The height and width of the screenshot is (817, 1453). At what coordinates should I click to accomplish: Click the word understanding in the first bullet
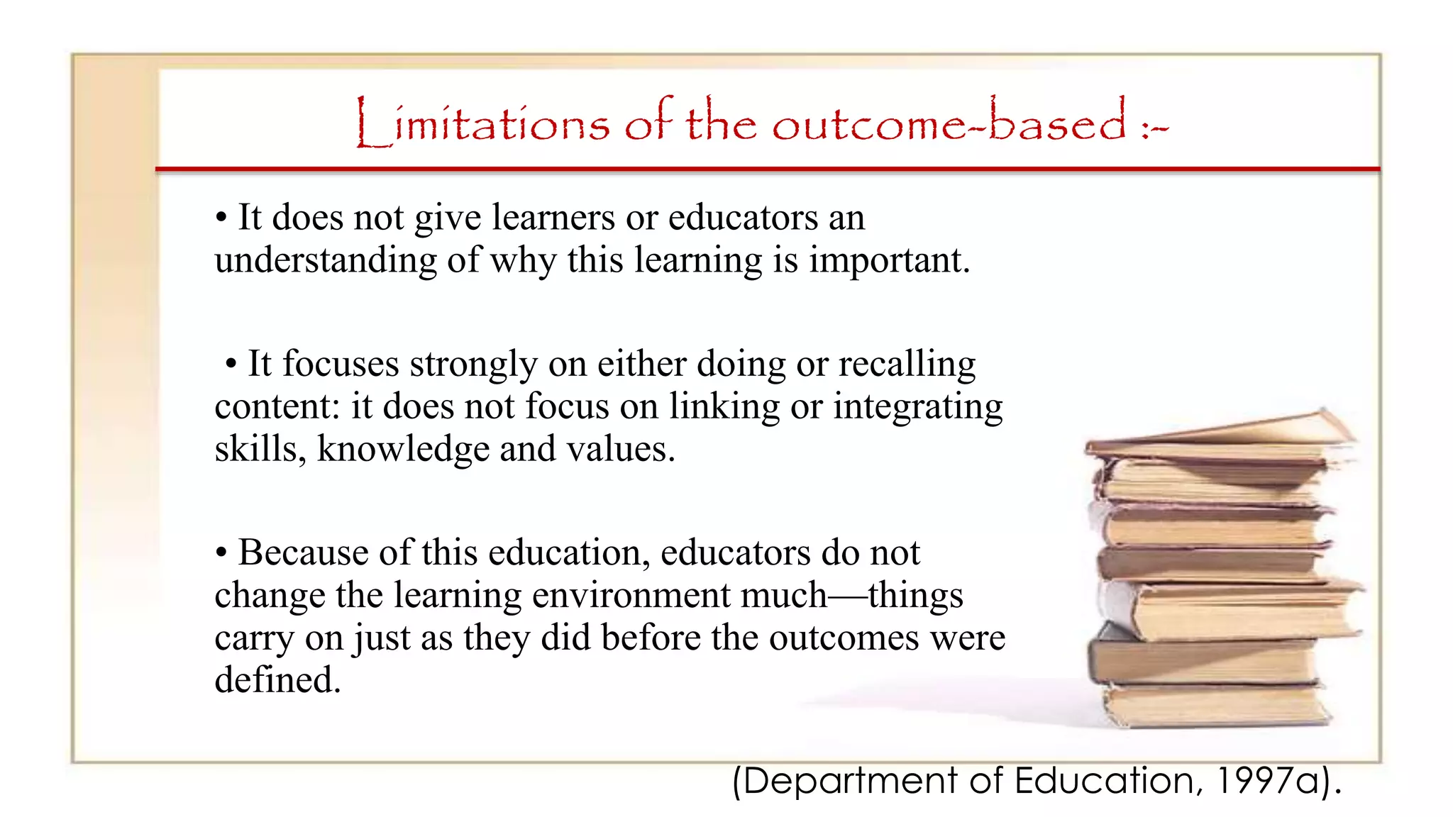coord(325,261)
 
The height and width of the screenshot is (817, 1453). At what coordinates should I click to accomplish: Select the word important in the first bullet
coord(889,261)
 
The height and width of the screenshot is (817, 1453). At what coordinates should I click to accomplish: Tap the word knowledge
coord(402,450)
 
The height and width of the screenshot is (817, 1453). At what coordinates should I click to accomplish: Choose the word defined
coord(277,680)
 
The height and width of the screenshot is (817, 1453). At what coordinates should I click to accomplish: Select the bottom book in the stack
coord(1213,706)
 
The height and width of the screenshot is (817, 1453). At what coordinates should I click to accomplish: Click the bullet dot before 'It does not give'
coord(221,218)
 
